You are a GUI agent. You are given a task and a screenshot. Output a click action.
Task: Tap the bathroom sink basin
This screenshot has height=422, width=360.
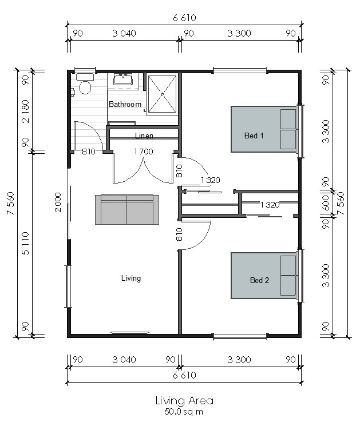tap(123, 79)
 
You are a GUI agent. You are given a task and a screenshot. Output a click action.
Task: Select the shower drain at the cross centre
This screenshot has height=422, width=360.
tap(163, 94)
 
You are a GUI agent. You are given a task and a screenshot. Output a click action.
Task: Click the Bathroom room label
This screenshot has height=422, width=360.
tap(125, 104)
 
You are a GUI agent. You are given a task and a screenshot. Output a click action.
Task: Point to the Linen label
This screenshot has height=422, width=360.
tap(144, 136)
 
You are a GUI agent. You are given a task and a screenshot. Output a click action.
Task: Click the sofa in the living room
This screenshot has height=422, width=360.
tap(127, 209)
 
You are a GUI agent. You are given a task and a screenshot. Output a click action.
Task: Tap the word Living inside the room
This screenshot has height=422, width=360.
tap(131, 278)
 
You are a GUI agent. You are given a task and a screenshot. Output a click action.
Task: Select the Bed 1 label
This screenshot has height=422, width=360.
tap(254, 136)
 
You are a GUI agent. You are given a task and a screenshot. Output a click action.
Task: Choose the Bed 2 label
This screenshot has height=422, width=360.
tap(259, 280)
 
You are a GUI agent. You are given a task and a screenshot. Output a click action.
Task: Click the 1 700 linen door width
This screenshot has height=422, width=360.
tap(144, 152)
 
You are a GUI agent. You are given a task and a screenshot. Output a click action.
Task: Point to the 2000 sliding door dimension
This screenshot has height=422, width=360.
tap(58, 202)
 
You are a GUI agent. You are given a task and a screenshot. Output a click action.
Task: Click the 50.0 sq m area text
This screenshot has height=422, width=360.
tap(184, 412)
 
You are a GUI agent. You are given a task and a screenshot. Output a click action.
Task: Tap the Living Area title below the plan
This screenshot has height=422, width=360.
tap(185, 401)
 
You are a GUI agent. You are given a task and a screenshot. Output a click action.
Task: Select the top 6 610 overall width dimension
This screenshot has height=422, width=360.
tap(184, 18)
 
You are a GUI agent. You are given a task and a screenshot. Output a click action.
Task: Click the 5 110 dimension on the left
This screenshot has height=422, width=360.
tap(25, 243)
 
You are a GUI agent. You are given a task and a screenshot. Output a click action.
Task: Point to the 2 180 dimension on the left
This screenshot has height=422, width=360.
tap(25, 111)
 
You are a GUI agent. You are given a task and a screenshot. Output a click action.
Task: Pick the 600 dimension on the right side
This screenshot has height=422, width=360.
tap(326, 203)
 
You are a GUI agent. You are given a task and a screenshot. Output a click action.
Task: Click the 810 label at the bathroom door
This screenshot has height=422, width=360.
tap(89, 152)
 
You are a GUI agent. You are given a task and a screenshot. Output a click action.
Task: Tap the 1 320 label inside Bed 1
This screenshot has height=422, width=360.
tap(211, 180)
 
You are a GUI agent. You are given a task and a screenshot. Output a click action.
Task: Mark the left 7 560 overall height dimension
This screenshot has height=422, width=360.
tap(11, 203)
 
